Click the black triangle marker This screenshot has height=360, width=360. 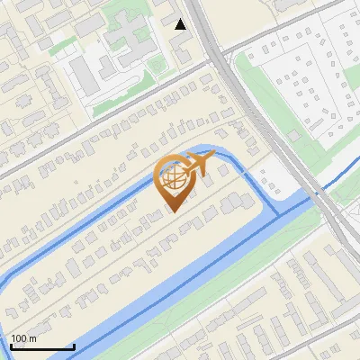click(181, 24)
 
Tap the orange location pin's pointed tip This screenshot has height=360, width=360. click(174, 211)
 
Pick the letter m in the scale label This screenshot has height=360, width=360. click(33, 338)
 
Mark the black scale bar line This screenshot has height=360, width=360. click(42, 346)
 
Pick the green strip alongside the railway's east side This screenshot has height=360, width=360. click(270, 99)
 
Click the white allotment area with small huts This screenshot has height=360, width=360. click(306, 72)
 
